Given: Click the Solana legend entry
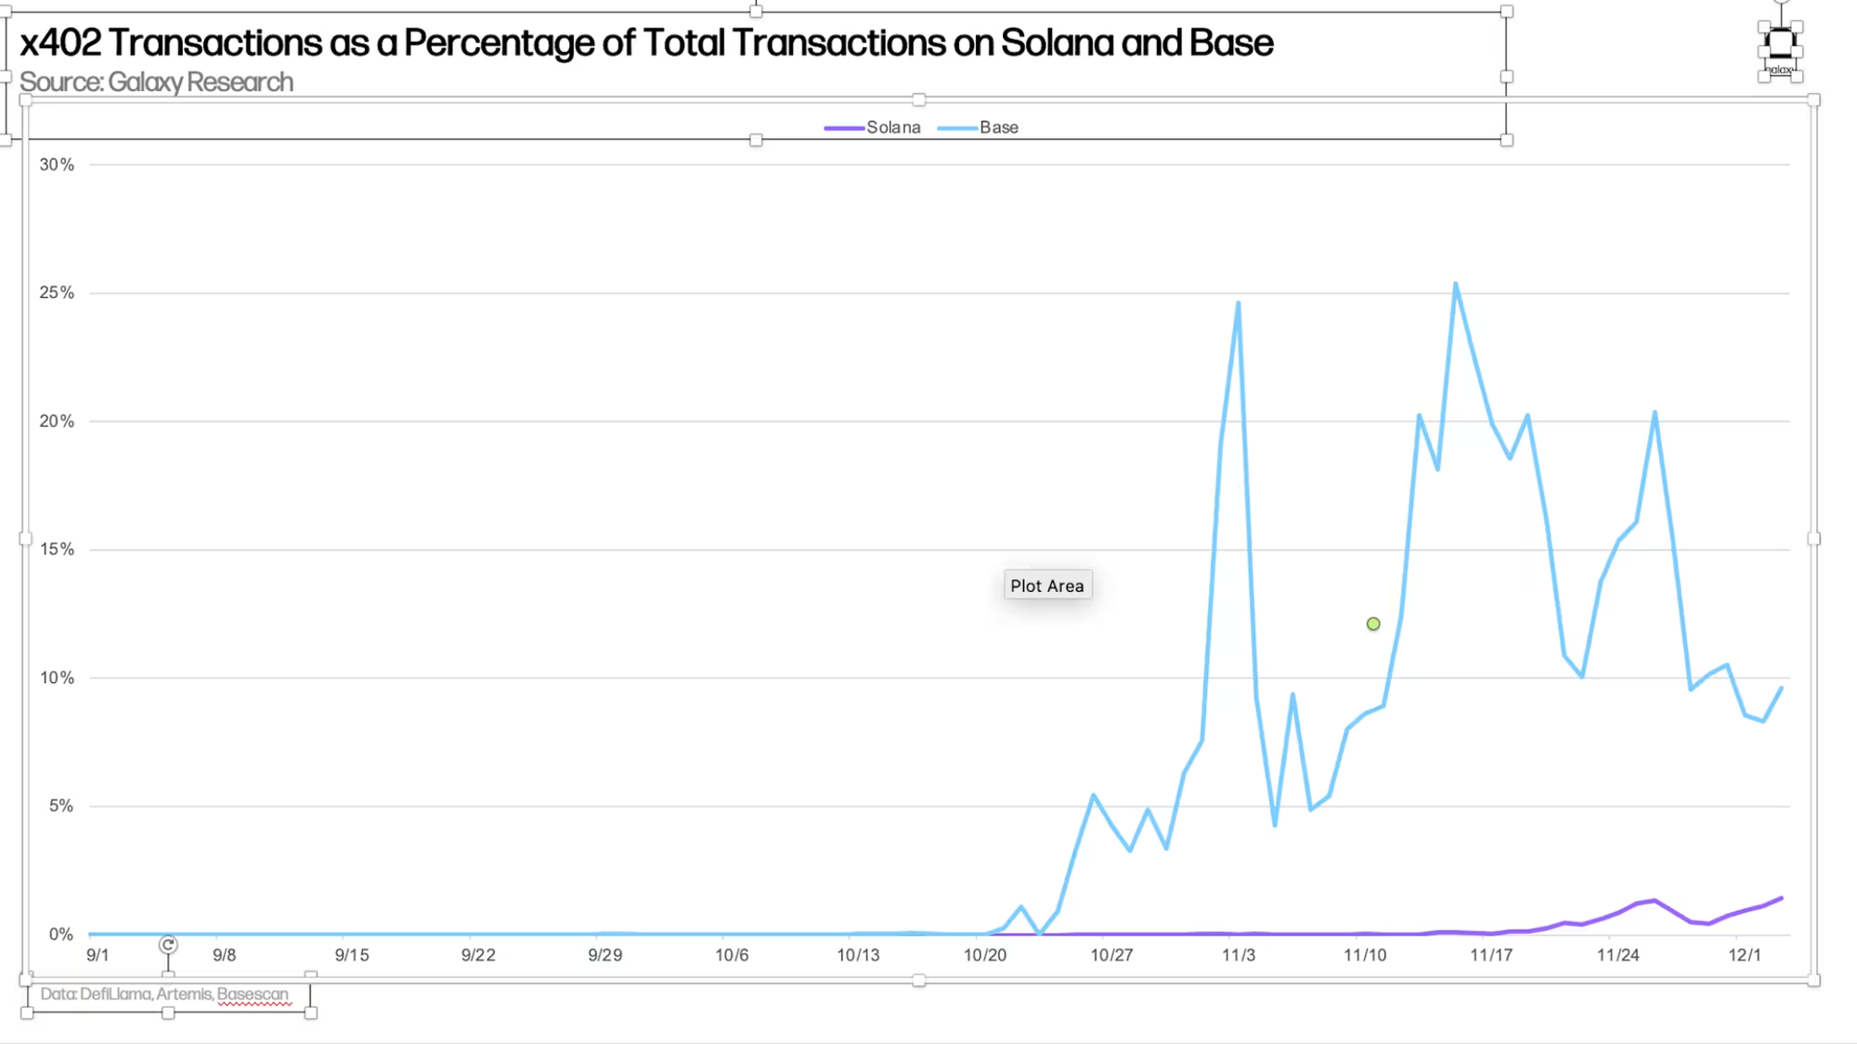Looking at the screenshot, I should click(892, 127).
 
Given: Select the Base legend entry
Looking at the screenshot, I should click(998, 127).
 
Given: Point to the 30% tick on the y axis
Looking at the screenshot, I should click(57, 164).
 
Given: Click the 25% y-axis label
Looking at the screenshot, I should click(57, 292).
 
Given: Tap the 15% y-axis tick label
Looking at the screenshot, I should click(57, 549).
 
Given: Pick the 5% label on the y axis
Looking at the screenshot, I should click(61, 806).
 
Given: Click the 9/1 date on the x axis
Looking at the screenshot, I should click(97, 955).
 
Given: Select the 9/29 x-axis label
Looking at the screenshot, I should click(605, 955).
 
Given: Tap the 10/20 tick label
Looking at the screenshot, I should click(985, 955).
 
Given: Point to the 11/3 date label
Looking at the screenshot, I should click(1239, 955).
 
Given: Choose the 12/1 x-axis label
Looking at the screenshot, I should click(1745, 955).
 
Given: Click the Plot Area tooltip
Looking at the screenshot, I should click(1046, 586).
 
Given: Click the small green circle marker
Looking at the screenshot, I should click(1373, 624).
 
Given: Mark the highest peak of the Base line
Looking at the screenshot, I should click(1455, 284).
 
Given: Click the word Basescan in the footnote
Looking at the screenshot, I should click(253, 994).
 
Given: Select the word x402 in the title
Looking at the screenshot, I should click(60, 43).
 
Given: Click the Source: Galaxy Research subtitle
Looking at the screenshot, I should click(156, 83).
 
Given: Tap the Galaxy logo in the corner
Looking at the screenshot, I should click(1780, 45).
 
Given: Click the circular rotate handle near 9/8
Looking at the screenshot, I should click(168, 945).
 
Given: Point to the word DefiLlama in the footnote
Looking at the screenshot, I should click(115, 994).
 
